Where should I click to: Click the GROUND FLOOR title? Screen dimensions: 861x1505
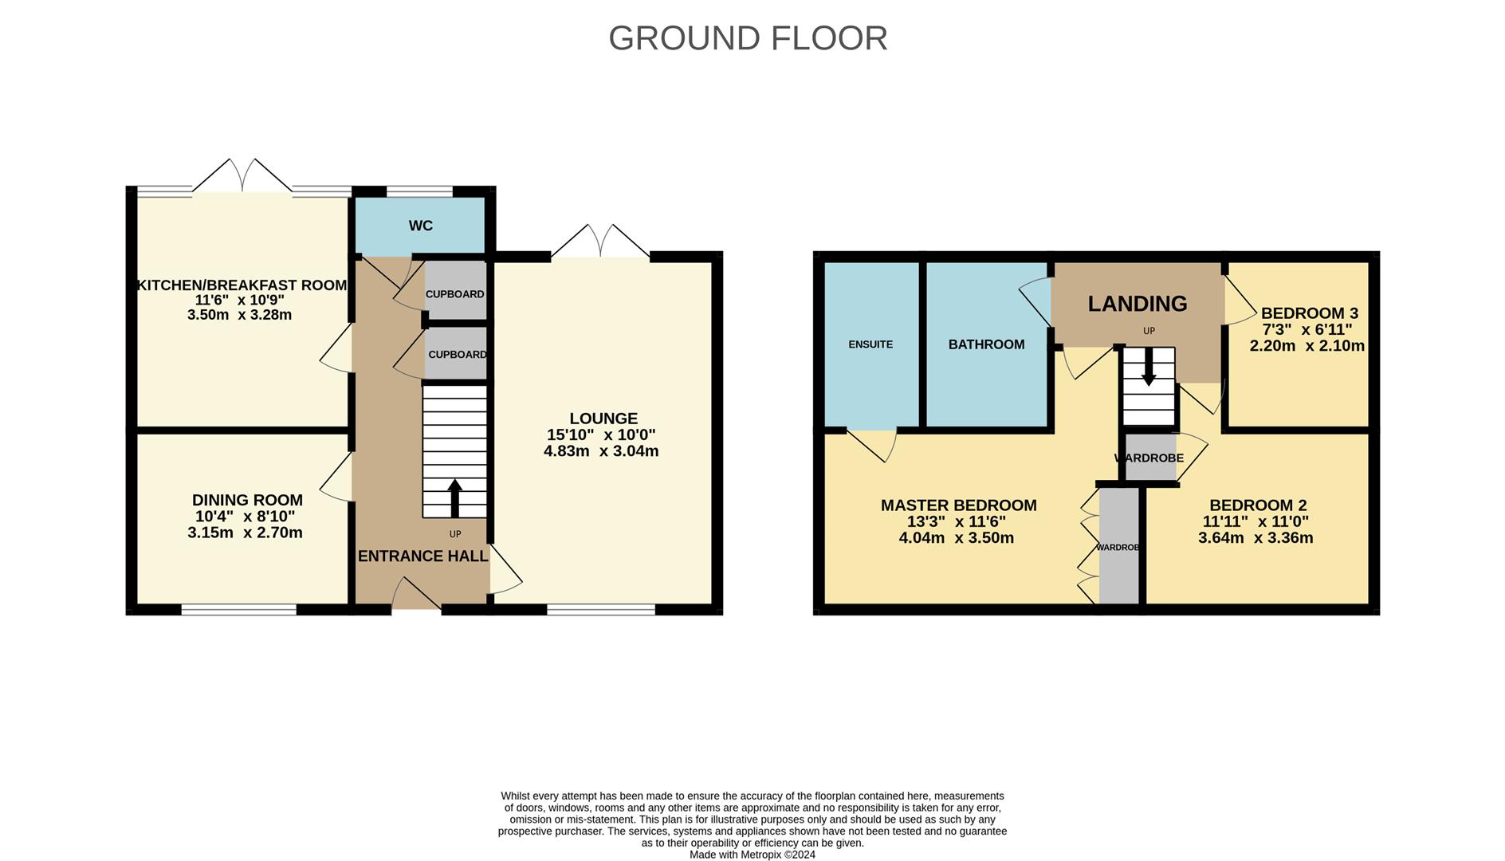tap(748, 38)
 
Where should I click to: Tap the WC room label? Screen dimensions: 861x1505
tap(421, 226)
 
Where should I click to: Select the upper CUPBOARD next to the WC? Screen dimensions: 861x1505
tap(454, 293)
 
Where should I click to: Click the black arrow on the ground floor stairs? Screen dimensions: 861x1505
tap(454, 497)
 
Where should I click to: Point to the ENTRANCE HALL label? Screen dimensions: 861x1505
tap(422, 556)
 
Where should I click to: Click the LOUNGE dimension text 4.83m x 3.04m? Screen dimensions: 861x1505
tap(601, 451)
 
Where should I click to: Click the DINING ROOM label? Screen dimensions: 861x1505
tap(247, 500)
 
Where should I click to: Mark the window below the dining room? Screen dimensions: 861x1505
tap(238, 610)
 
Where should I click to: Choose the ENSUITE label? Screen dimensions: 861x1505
tap(870, 344)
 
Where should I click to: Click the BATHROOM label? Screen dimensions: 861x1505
tap(986, 344)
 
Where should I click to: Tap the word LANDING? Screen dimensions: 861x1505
tap(1138, 304)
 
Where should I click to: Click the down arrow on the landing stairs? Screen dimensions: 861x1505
tap(1149, 372)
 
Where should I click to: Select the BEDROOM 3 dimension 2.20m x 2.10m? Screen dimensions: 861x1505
tap(1307, 346)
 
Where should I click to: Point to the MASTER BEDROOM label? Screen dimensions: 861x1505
tap(958, 505)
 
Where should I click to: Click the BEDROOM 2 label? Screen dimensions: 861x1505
tap(1258, 505)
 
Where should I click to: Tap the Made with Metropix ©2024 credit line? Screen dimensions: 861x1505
tap(752, 855)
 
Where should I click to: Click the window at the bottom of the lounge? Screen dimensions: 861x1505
tap(601, 610)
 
